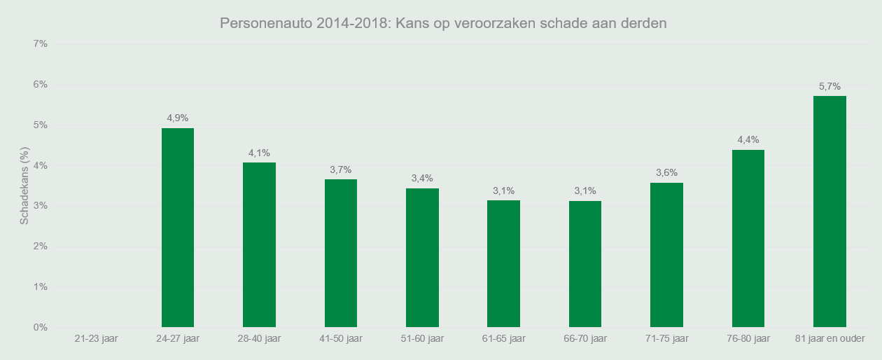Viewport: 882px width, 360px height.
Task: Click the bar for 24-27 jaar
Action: click(x=178, y=228)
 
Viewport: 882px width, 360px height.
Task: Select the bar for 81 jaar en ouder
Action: click(x=829, y=212)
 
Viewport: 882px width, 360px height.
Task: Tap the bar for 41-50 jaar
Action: click(x=341, y=254)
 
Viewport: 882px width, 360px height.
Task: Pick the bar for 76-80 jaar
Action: click(x=748, y=238)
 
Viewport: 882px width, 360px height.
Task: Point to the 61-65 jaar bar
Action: click(x=503, y=263)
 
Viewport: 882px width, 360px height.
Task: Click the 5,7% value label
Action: click(x=829, y=86)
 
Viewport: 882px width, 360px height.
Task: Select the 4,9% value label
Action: click(x=178, y=118)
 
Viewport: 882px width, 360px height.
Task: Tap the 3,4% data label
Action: click(x=422, y=178)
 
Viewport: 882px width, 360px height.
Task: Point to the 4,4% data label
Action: click(x=748, y=139)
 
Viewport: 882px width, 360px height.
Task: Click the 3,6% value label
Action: click(x=666, y=172)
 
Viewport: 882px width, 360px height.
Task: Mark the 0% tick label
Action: click(x=40, y=328)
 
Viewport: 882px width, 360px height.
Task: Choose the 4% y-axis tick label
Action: click(x=40, y=166)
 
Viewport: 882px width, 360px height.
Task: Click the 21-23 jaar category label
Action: click(x=96, y=339)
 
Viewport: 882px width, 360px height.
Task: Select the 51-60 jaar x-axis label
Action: click(x=422, y=339)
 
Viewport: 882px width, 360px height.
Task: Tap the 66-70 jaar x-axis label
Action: click(x=584, y=339)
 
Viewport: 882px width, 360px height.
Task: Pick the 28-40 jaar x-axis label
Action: click(x=259, y=339)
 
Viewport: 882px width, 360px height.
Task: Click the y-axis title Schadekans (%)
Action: click(x=24, y=186)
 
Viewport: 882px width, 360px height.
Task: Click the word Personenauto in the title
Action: click(x=265, y=23)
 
